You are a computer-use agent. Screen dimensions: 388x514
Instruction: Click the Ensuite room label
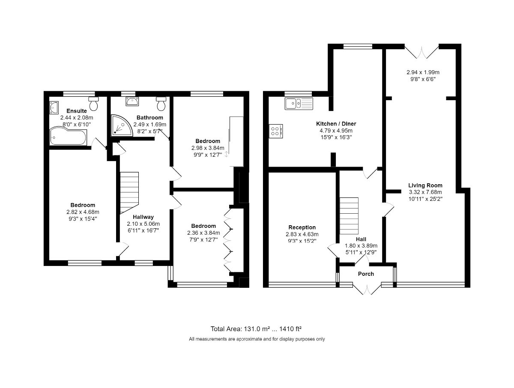(x=79, y=111)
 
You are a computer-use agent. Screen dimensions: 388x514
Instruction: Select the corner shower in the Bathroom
(x=122, y=125)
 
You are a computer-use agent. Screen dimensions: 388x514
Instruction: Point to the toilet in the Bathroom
(x=161, y=104)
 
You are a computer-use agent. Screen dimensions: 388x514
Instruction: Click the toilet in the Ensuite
(x=94, y=104)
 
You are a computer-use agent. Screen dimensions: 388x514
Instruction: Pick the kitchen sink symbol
(x=299, y=103)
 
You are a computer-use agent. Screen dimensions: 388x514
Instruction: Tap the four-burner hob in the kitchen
(x=275, y=131)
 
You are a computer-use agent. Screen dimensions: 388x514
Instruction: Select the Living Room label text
(x=425, y=185)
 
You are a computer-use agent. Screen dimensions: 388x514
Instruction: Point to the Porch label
(x=366, y=274)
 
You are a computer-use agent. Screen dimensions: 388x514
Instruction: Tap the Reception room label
(x=302, y=227)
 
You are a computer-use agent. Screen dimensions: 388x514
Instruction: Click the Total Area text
(x=256, y=329)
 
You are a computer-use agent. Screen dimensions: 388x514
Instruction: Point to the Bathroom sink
(x=131, y=101)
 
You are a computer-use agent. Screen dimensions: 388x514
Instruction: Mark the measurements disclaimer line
(x=257, y=339)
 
